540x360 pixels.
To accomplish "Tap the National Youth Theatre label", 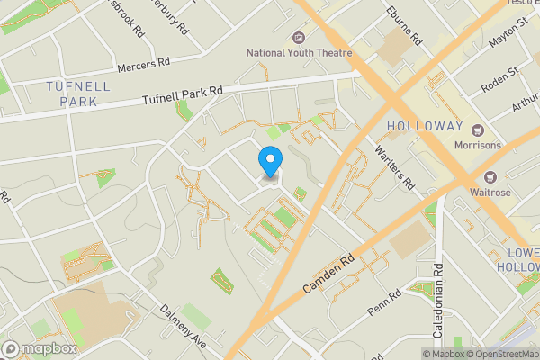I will tap(300, 53).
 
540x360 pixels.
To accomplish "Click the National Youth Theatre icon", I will tap(300, 37).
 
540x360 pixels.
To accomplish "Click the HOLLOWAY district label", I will tap(425, 126).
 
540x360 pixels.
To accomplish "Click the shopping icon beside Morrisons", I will tap(479, 129).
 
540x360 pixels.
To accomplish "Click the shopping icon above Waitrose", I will tap(491, 176).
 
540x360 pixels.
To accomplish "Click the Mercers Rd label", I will tap(144, 67).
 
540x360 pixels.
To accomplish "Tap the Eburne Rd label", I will tap(403, 25).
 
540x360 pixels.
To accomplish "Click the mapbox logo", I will tap(40, 348).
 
